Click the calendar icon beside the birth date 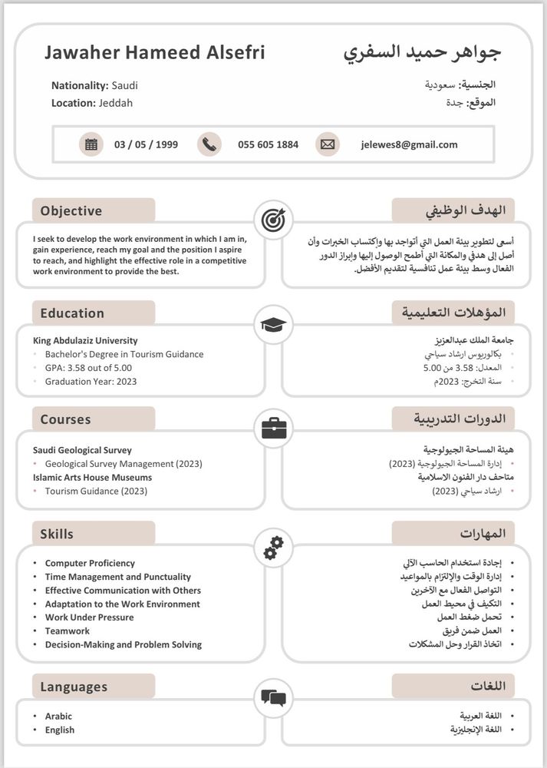[91, 144]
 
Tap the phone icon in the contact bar [209, 144]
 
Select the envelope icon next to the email [328, 144]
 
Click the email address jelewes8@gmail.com [409, 144]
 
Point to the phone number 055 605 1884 [268, 144]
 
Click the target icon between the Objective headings [272, 220]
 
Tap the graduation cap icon [272, 324]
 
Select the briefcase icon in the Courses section [272, 429]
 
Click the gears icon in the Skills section [272, 548]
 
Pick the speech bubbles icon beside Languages [272, 697]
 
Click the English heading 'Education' [72, 313]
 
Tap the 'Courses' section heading [65, 420]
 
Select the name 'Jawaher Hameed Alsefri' [154, 53]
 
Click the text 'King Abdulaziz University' [85, 341]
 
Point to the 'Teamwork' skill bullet [67, 631]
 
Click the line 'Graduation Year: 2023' [91, 382]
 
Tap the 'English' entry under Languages [59, 730]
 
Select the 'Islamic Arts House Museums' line [92, 478]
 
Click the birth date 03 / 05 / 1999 [146, 144]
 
